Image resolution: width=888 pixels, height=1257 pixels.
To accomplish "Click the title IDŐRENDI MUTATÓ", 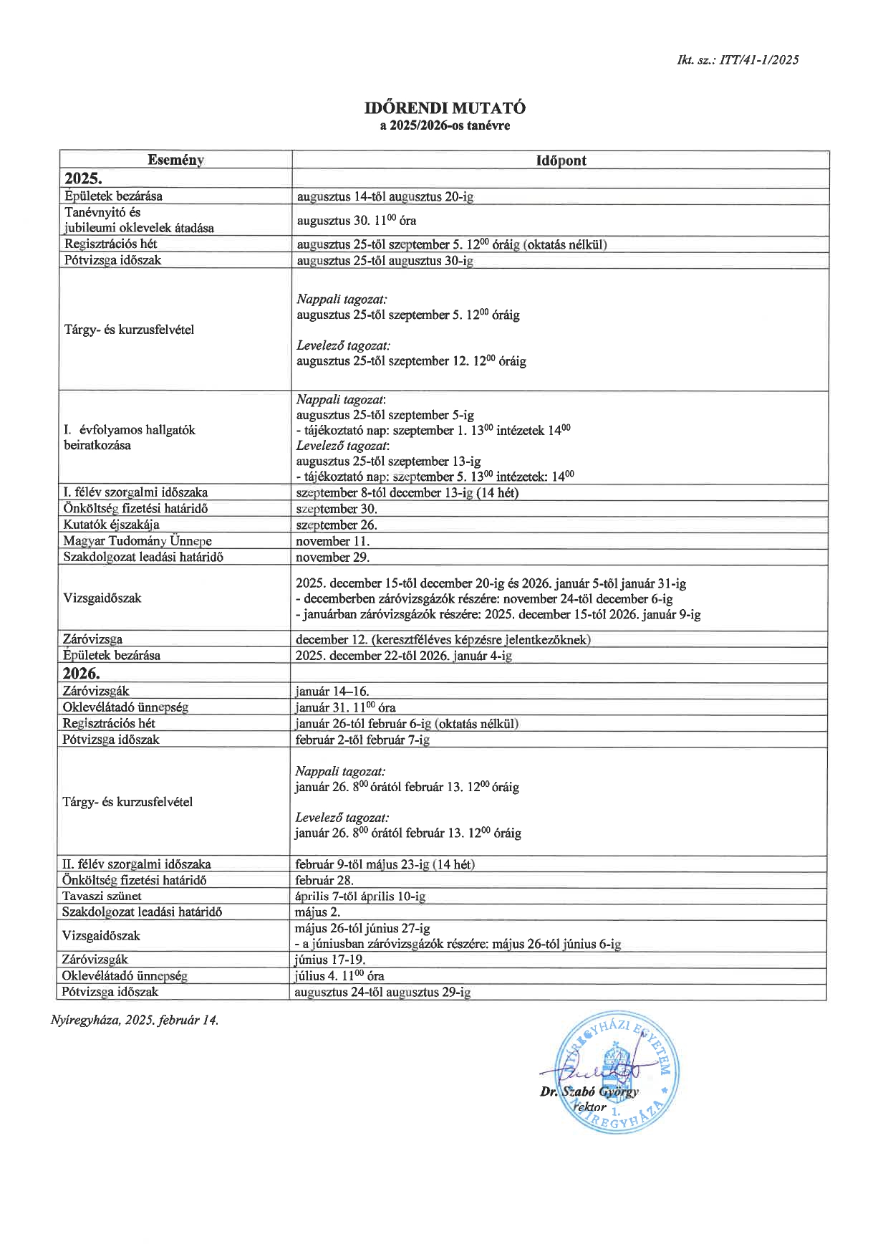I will pos(445,108).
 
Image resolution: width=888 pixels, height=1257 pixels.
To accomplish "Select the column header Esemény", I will pos(175,160).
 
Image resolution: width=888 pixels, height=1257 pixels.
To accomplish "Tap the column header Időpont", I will pos(561,161).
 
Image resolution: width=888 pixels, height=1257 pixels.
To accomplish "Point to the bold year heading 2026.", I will pos(82,674).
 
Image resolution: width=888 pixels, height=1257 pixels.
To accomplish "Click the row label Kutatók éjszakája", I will pos(111,525).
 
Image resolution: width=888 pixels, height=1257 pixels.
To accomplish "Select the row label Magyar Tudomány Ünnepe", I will pos(137,541).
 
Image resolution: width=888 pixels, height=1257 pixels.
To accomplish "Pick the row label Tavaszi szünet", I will pos(102,896).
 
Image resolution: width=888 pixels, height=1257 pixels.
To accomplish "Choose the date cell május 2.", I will pos(317,912).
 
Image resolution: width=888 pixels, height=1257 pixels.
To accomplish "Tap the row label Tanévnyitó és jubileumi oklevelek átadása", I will pos(139,220).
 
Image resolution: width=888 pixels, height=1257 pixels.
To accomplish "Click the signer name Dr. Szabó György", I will pos(589,1092).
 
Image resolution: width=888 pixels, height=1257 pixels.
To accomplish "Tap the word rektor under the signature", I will pos(590,1107).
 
